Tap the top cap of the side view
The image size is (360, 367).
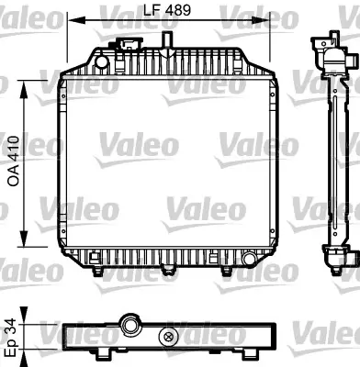tap(325, 44)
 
